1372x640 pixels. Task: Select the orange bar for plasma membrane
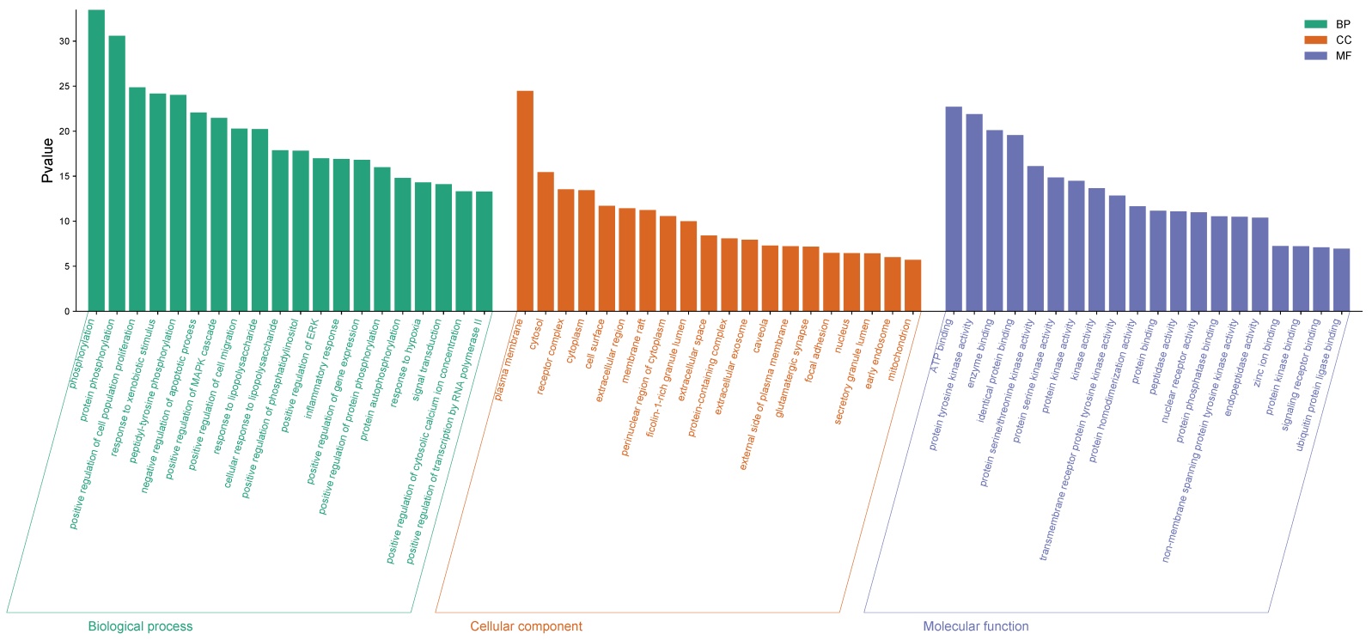pyautogui.click(x=525, y=201)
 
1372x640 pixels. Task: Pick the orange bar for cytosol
pyautogui.click(x=546, y=241)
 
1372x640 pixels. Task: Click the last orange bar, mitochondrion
pyautogui.click(x=912, y=285)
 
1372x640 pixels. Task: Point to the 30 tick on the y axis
pyautogui.click(x=64, y=41)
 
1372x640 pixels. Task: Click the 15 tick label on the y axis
pyautogui.click(x=64, y=176)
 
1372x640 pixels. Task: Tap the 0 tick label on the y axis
pyautogui.click(x=67, y=312)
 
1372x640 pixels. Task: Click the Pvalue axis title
pyautogui.click(x=48, y=160)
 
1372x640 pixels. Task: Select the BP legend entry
pyautogui.click(x=1327, y=25)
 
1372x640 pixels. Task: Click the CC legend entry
pyautogui.click(x=1327, y=40)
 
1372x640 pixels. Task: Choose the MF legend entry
pyautogui.click(x=1327, y=56)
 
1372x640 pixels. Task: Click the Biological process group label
pyautogui.click(x=140, y=626)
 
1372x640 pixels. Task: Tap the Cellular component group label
pyautogui.click(x=526, y=626)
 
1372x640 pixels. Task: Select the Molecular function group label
pyautogui.click(x=975, y=626)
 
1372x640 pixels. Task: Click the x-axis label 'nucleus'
pyautogui.click(x=842, y=336)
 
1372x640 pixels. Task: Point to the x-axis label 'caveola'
pyautogui.click(x=760, y=336)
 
